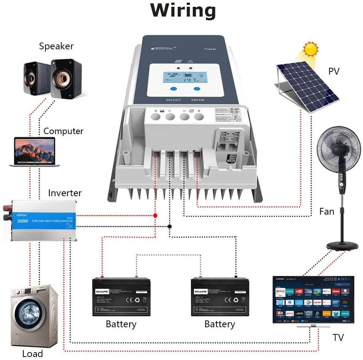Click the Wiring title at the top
pos(183,11)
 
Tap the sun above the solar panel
pos(311,49)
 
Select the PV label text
pos(334,71)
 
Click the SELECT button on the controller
pos(174,89)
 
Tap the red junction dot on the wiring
pos(155,215)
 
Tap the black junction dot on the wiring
pos(170,226)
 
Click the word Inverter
pos(65,193)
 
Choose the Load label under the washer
pos(32,354)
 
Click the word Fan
pos(326,211)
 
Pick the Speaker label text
pos(56,46)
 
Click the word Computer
pos(63,131)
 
